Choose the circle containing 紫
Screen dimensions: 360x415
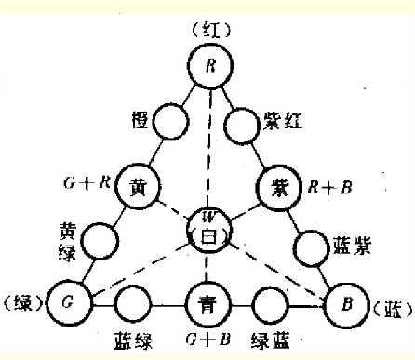pos(277,184)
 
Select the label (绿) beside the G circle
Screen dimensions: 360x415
pos(23,304)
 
